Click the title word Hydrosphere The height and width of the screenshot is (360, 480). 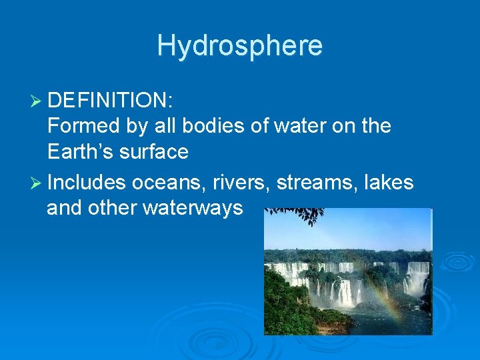(x=240, y=46)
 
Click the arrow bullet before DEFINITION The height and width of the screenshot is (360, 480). (x=37, y=100)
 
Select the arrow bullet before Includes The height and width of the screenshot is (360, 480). (x=37, y=182)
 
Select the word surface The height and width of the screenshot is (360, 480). (x=157, y=153)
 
